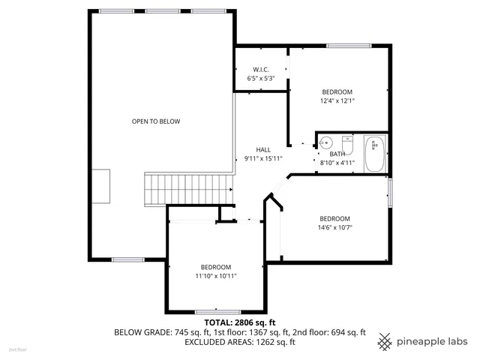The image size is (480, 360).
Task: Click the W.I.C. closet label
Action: point(261,70)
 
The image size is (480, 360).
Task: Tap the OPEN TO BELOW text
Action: point(156,121)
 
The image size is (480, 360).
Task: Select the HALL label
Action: point(262,149)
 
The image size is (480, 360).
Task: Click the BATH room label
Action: point(337,154)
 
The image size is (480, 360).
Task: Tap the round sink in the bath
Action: point(326,142)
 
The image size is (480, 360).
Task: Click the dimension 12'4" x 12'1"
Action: point(337,100)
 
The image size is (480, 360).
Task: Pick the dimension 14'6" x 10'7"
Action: point(335,227)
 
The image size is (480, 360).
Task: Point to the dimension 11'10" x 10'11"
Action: point(215,276)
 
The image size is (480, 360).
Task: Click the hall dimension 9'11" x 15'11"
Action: point(263,158)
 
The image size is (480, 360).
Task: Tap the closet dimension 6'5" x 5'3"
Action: point(261,78)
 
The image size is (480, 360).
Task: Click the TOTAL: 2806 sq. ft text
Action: point(240,322)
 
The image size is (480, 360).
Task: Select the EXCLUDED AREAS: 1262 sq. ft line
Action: point(240,342)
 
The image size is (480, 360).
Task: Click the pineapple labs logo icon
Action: point(385,340)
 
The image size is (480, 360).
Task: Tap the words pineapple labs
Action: point(433,340)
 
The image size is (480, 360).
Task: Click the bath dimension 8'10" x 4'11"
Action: point(337,162)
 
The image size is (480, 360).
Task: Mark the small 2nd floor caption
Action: point(16,349)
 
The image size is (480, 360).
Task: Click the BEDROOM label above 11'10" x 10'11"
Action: point(215,267)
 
